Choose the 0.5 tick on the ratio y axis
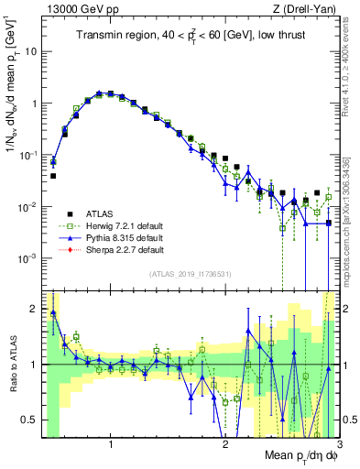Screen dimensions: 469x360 point(29,420)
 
